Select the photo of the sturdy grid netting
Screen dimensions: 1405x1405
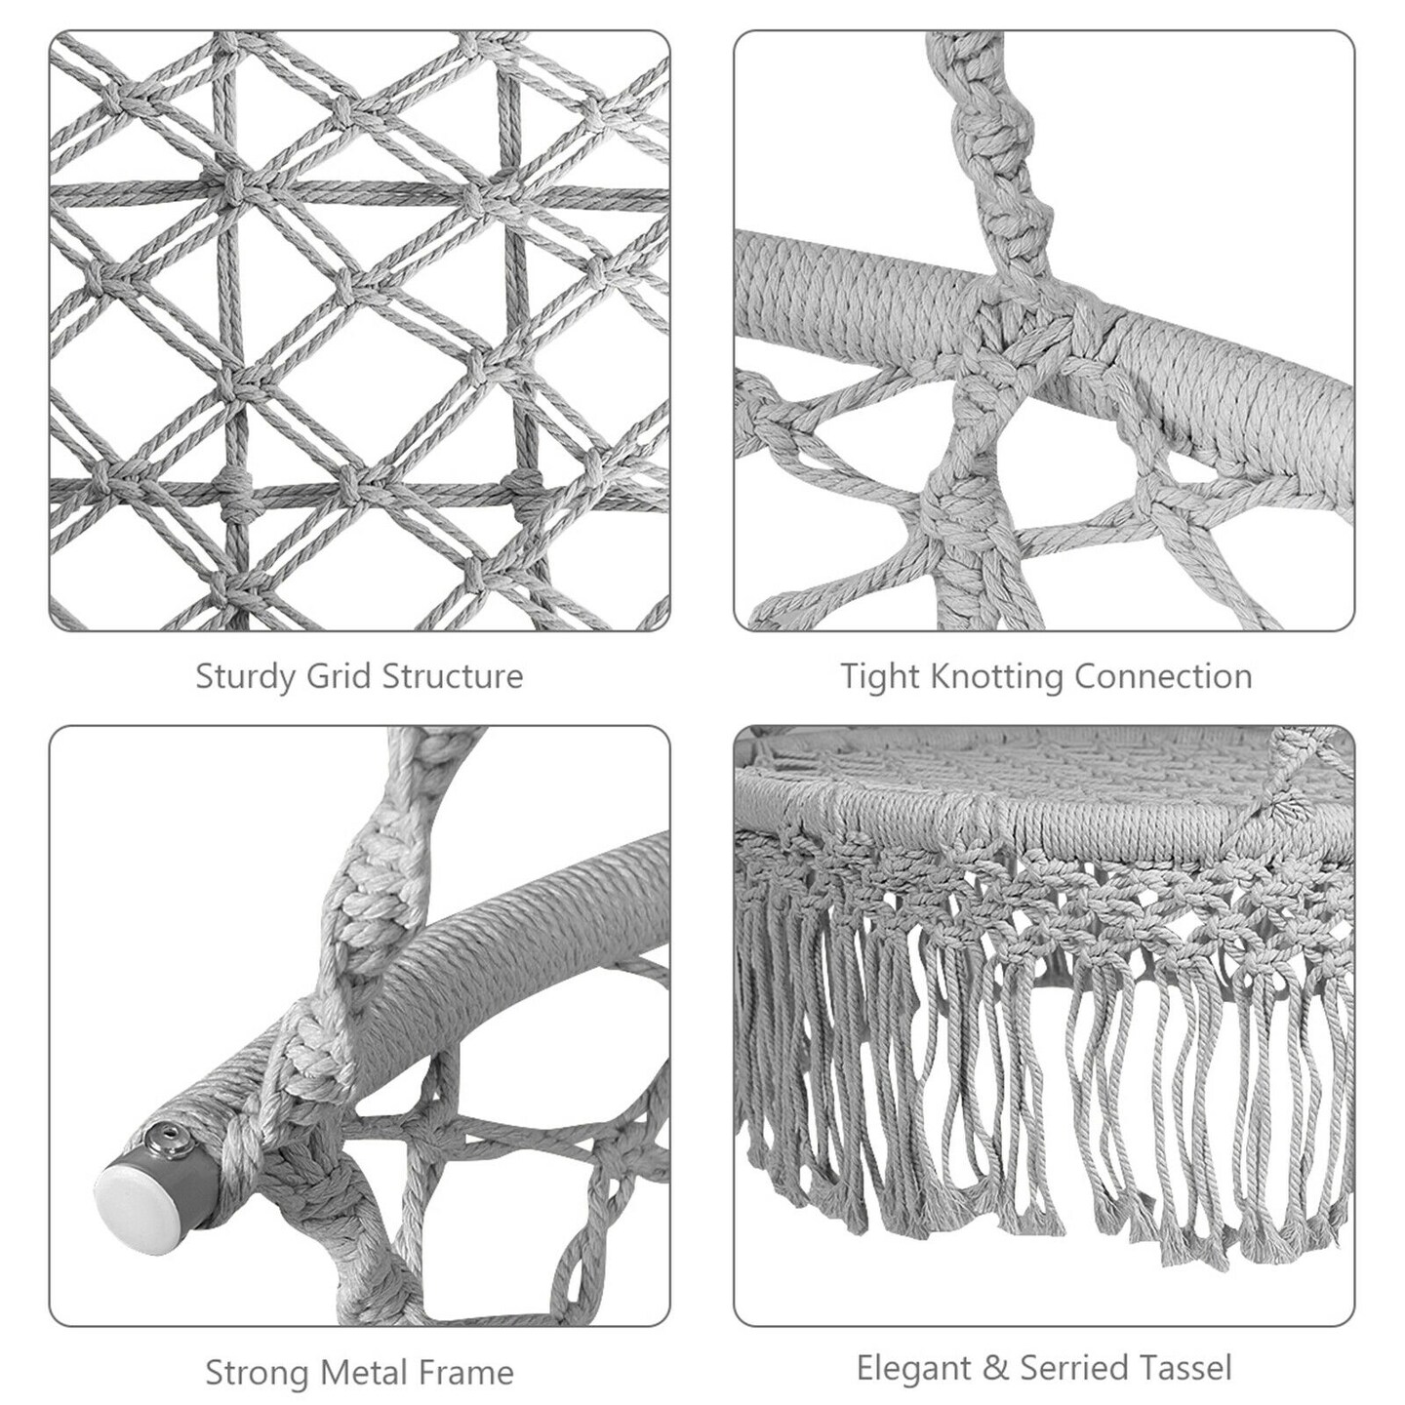tap(359, 331)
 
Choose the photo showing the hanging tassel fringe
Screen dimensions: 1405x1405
tap(1044, 1025)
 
